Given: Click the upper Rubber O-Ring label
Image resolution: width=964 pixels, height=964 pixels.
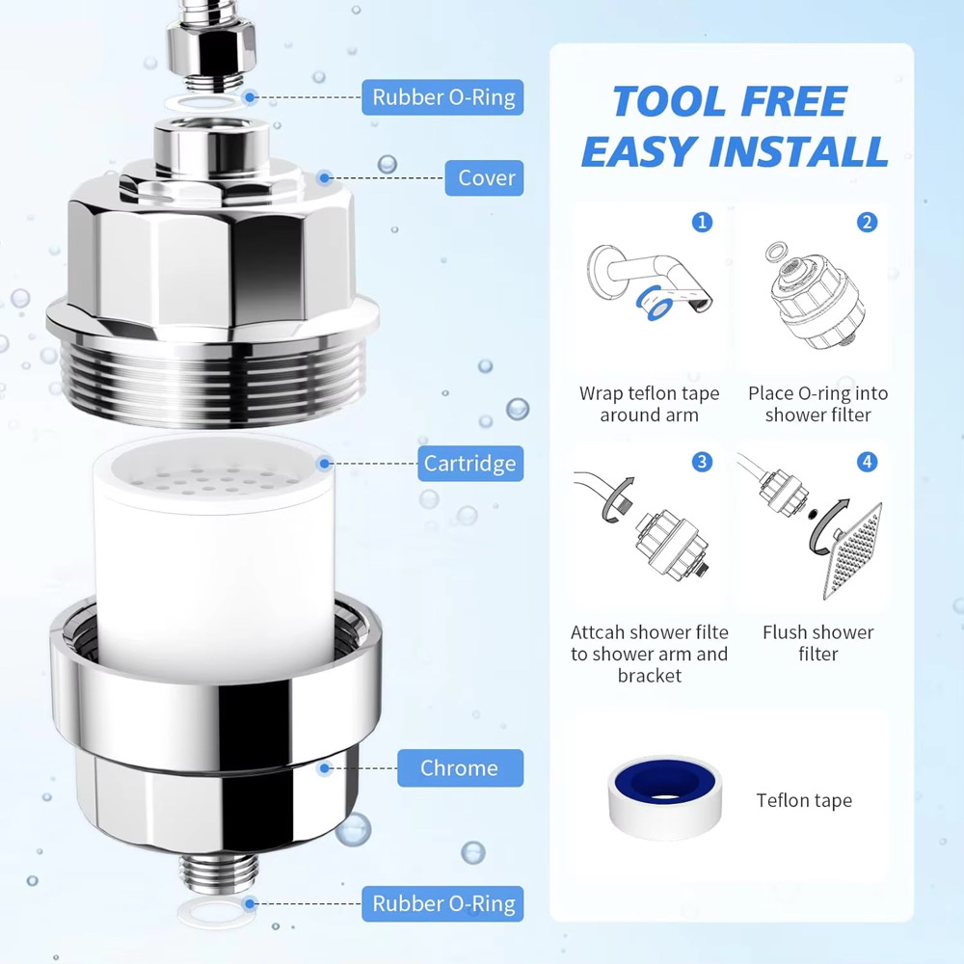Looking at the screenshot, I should (x=443, y=97).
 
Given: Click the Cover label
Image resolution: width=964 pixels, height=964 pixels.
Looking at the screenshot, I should (x=486, y=178).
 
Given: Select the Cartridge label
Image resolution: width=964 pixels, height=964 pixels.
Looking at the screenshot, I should (x=469, y=464).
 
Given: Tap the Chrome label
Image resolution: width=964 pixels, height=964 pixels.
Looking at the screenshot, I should (x=459, y=768).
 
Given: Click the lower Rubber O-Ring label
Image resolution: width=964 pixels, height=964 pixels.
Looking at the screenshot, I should (x=443, y=904).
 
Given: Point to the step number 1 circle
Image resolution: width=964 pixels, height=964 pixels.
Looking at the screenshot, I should (x=702, y=223).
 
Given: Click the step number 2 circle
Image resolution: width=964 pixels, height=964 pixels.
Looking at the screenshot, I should (x=868, y=223).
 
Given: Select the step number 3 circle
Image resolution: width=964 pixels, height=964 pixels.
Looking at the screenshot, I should (x=702, y=462).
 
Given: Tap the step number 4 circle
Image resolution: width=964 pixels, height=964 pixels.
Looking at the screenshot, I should (x=868, y=462).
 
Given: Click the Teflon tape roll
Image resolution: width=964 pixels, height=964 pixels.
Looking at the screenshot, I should (x=665, y=797).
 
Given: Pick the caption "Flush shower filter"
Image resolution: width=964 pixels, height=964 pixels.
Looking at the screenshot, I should (x=817, y=643).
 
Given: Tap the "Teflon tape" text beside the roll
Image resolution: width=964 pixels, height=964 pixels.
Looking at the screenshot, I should (x=804, y=800).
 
